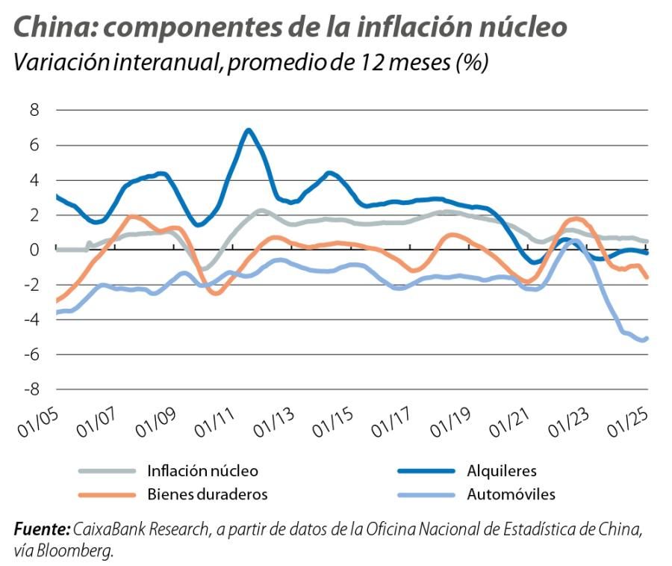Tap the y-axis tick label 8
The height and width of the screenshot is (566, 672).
pos(34,111)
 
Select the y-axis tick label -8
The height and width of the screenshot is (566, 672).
pos(30,390)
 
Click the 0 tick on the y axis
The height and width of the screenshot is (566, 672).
pos(34,250)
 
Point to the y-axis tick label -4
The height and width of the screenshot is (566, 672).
pos(30,320)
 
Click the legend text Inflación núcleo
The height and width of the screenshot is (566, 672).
pos(202,471)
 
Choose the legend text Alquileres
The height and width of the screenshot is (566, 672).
pos(501,471)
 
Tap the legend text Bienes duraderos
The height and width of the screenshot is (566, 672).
pos(207,494)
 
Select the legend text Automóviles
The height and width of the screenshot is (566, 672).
pos(511,494)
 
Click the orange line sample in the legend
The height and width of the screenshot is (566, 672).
pos(109,494)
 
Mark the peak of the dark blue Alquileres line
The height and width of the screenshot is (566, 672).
pos(249,130)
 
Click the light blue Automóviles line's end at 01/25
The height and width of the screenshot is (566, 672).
pos(646,338)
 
